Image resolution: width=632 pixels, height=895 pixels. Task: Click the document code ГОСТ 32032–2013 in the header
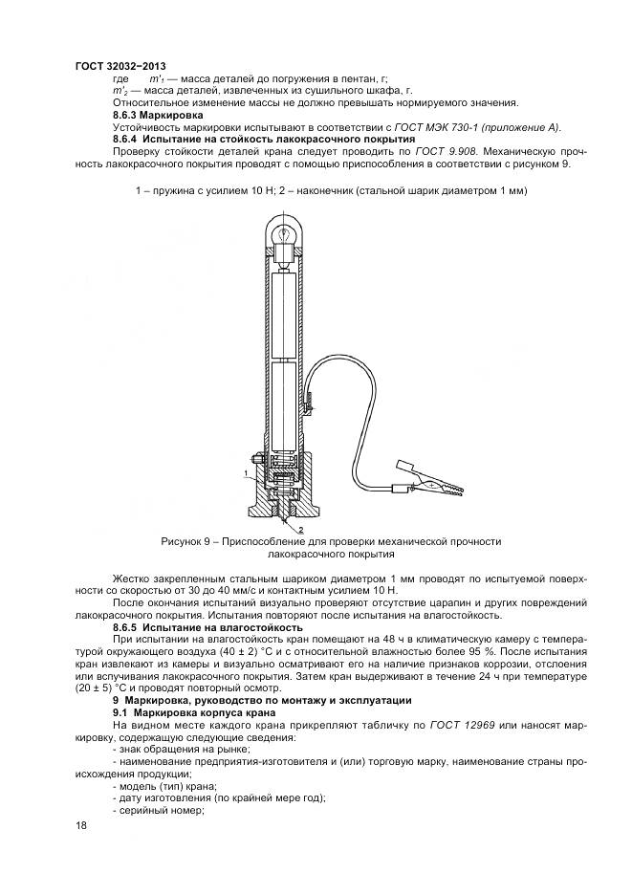pos(113,65)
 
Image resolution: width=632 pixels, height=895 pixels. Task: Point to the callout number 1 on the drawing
pos(246,472)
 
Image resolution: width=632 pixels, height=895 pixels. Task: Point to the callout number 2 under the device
pos(302,529)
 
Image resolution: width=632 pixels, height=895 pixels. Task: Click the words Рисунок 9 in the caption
pos(191,541)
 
